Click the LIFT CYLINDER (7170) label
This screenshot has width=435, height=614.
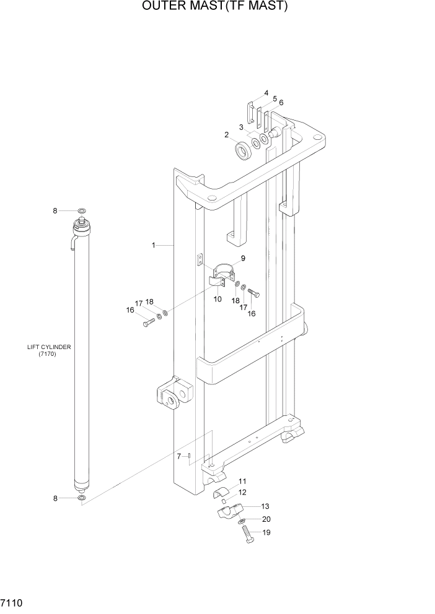[x=49, y=350]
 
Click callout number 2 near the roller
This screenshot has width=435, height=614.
[x=227, y=134]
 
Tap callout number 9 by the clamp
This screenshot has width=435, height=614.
[x=243, y=258]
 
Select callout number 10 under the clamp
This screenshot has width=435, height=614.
[x=217, y=299]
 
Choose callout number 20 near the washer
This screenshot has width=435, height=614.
[x=266, y=519]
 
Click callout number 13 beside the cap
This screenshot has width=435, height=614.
[x=266, y=506]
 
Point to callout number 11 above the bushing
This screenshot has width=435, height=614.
[x=243, y=481]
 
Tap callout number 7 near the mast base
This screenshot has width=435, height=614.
[x=178, y=456]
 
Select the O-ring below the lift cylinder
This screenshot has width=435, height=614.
[x=82, y=498]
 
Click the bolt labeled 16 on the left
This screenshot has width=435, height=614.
[x=147, y=322]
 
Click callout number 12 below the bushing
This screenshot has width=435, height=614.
[x=243, y=492]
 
